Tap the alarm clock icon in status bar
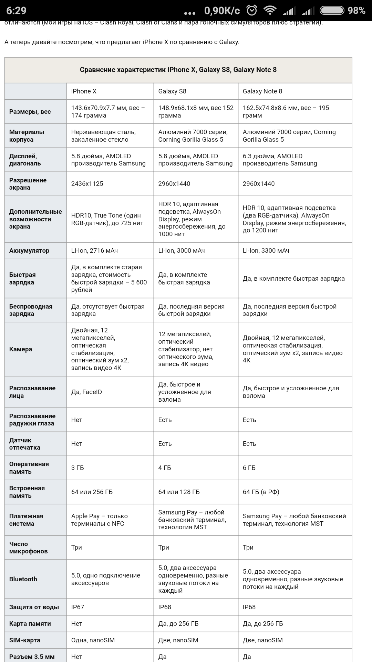pyautogui.click(x=252, y=10)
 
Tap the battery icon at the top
pyautogui.click(x=332, y=10)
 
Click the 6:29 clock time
pyautogui.click(x=16, y=10)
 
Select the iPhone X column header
pyautogui.click(x=84, y=91)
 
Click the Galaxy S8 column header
pyautogui.click(x=172, y=91)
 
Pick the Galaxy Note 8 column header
pyautogui.click(x=262, y=91)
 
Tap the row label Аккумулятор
pyautogui.click(x=29, y=251)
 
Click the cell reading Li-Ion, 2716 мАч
pyautogui.click(x=94, y=251)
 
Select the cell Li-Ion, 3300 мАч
pyautogui.click(x=266, y=251)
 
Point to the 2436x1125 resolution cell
pyautogui.click(x=87, y=184)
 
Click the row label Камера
pyautogui.click(x=21, y=349)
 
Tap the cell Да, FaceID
pyautogui.click(x=86, y=392)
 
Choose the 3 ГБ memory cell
pyautogui.click(x=77, y=468)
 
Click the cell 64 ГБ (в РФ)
pyautogui.click(x=261, y=492)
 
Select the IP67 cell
pyautogui.click(x=77, y=607)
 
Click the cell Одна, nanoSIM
pyautogui.click(x=93, y=640)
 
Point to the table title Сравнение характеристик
pyautogui.click(x=178, y=70)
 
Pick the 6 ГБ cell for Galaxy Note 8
pyautogui.click(x=249, y=468)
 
